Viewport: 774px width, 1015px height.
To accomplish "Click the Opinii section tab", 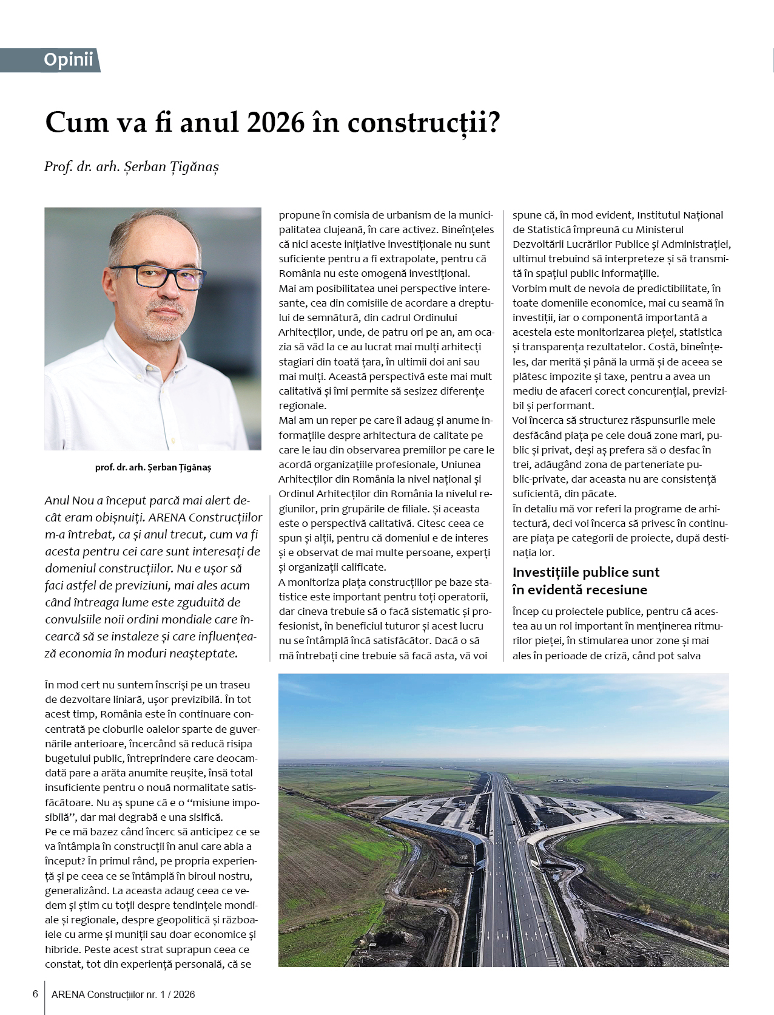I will click(68, 59).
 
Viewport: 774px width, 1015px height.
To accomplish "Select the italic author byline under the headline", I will click(131, 166).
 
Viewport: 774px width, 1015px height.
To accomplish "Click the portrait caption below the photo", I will click(153, 467).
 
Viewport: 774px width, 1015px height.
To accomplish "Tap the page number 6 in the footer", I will click(35, 994).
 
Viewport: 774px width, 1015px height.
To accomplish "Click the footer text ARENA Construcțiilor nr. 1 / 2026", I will click(123, 994).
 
